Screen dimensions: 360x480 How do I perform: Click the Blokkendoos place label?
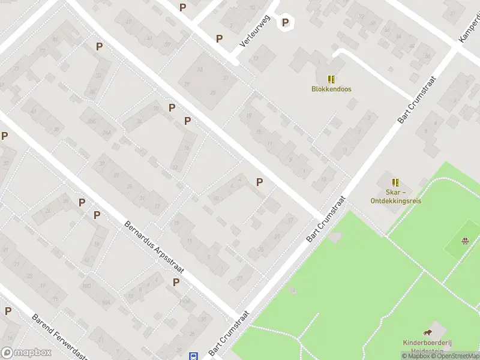(331, 89)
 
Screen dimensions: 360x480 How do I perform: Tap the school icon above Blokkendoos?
(331, 79)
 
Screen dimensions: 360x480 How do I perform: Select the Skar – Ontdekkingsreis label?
(395, 197)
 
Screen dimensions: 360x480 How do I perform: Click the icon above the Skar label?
(395, 182)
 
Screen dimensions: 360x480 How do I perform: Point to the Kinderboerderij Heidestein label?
(427, 347)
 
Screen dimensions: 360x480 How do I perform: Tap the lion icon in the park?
(427, 333)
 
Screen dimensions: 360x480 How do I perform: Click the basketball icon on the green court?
(465, 241)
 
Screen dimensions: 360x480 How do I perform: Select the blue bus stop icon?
(194, 356)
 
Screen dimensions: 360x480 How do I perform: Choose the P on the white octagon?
(286, 23)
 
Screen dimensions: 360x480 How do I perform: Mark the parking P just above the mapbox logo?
(8, 311)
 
